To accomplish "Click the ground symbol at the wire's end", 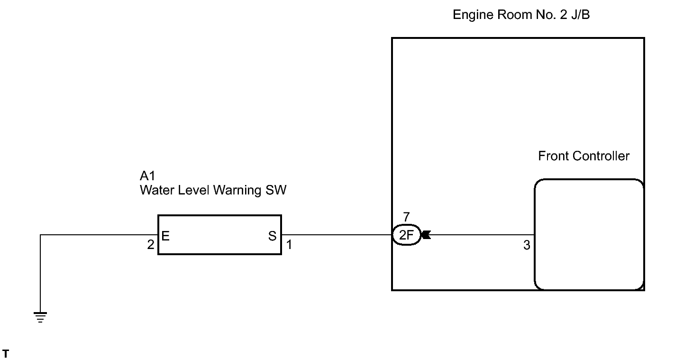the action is click(40, 317).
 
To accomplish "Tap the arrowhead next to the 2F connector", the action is click(426, 235).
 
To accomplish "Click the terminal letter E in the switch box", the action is click(165, 236).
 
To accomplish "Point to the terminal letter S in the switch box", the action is click(272, 236).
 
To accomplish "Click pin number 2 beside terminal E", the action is click(151, 245).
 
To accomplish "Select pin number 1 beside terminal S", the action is click(289, 245).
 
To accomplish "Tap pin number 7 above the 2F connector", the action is click(407, 217).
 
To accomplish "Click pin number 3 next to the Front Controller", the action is click(527, 245).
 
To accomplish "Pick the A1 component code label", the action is click(147, 175).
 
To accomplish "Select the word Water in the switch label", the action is click(157, 190).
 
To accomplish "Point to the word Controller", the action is click(601, 156).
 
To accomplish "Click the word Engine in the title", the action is click(473, 15).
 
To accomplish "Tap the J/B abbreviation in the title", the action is click(580, 15).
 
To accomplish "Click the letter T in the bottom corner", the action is click(6, 353).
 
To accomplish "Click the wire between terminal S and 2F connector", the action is click(337, 235).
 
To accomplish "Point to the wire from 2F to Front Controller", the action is click(483, 235).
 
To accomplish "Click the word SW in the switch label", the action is click(276, 190).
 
